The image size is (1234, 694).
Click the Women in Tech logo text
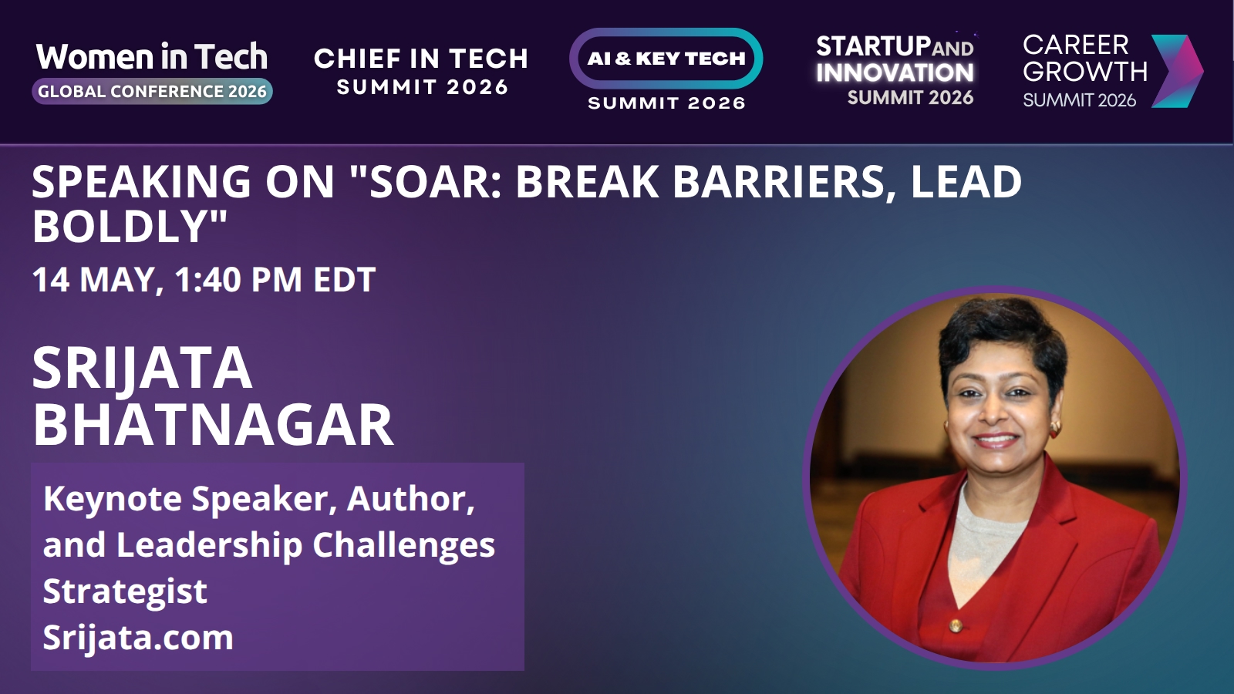pyautogui.click(x=151, y=56)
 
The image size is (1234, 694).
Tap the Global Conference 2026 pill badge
pyautogui.click(x=152, y=92)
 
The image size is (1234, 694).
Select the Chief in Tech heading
pyautogui.click(x=421, y=59)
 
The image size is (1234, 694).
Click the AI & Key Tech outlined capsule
pyautogui.click(x=666, y=59)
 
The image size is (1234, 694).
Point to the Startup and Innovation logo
pyautogui.click(x=895, y=70)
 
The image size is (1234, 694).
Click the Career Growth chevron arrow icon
pyautogui.click(x=1177, y=71)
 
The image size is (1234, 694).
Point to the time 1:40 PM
pyautogui.click(x=238, y=279)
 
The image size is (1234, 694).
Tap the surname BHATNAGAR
pyautogui.click(x=213, y=425)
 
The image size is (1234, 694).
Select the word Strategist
pyautogui.click(x=125, y=591)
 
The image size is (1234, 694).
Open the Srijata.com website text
pyautogui.click(x=138, y=638)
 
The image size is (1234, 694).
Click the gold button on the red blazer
pyautogui.click(x=956, y=625)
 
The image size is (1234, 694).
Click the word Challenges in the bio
pyautogui.click(x=404, y=545)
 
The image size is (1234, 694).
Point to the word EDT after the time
pyautogui.click(x=344, y=279)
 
